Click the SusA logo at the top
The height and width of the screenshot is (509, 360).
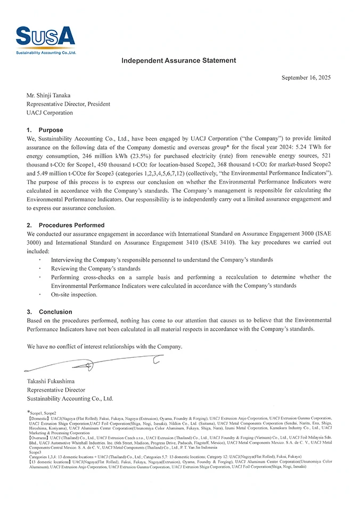click(x=45, y=37)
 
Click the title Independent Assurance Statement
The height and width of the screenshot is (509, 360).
click(x=178, y=61)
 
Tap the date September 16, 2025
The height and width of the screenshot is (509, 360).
click(x=306, y=78)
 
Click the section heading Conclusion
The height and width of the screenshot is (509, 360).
click(x=55, y=311)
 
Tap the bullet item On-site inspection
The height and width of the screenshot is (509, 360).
click(x=74, y=294)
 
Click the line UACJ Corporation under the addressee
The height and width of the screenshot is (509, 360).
click(x=50, y=113)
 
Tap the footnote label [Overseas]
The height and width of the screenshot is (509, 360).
click(x=38, y=437)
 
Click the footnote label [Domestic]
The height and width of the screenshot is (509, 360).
click(x=39, y=418)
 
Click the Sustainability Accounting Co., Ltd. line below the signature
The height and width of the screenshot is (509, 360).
click(x=70, y=398)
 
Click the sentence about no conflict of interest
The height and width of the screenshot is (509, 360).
click(x=104, y=347)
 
